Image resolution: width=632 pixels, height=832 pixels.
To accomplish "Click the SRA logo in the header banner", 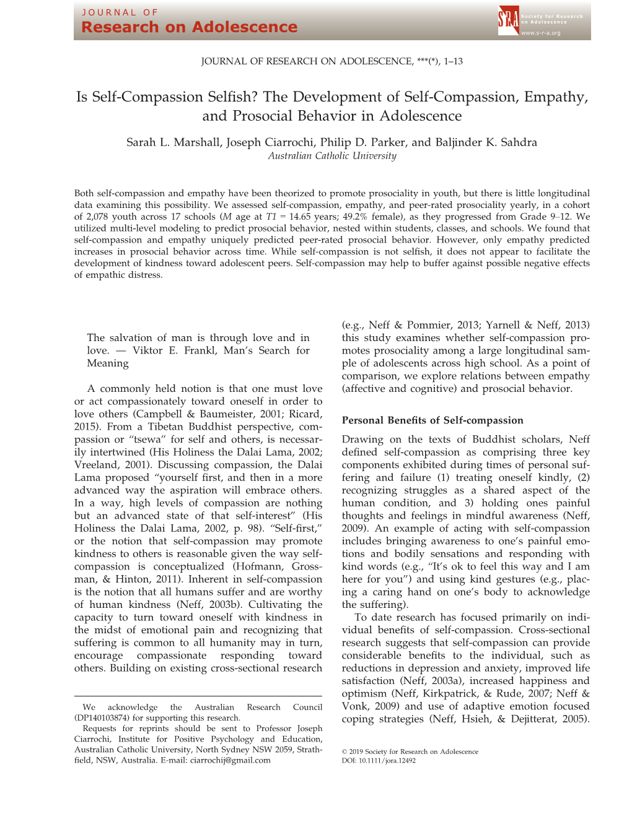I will [507, 20].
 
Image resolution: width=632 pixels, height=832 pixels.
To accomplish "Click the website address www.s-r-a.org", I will [540, 33].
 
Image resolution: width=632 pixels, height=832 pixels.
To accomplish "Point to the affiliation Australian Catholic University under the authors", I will [332, 156].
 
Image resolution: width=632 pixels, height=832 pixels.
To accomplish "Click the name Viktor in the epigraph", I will [147, 350].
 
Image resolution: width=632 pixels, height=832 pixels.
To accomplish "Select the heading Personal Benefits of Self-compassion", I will [432, 420].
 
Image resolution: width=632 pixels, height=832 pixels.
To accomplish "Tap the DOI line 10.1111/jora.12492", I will [379, 761].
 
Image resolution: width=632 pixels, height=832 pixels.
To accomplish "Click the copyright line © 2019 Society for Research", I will [410, 752].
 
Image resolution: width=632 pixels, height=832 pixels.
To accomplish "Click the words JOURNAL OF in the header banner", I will [120, 12].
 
